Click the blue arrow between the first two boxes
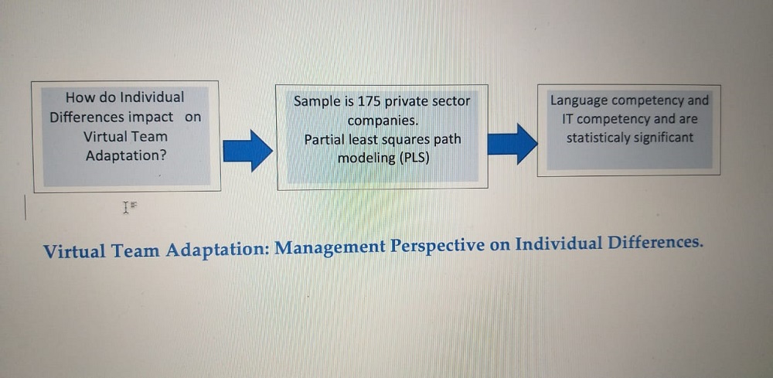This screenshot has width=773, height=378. [247, 151]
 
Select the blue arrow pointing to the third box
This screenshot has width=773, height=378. [512, 144]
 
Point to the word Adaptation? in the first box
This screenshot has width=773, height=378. [126, 155]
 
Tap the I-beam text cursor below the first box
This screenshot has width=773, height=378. [126, 207]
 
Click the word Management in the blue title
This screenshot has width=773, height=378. [330, 247]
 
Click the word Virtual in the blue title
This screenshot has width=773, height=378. [74, 251]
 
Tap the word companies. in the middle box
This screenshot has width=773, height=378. [383, 121]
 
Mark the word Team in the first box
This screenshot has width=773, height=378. [152, 136]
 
